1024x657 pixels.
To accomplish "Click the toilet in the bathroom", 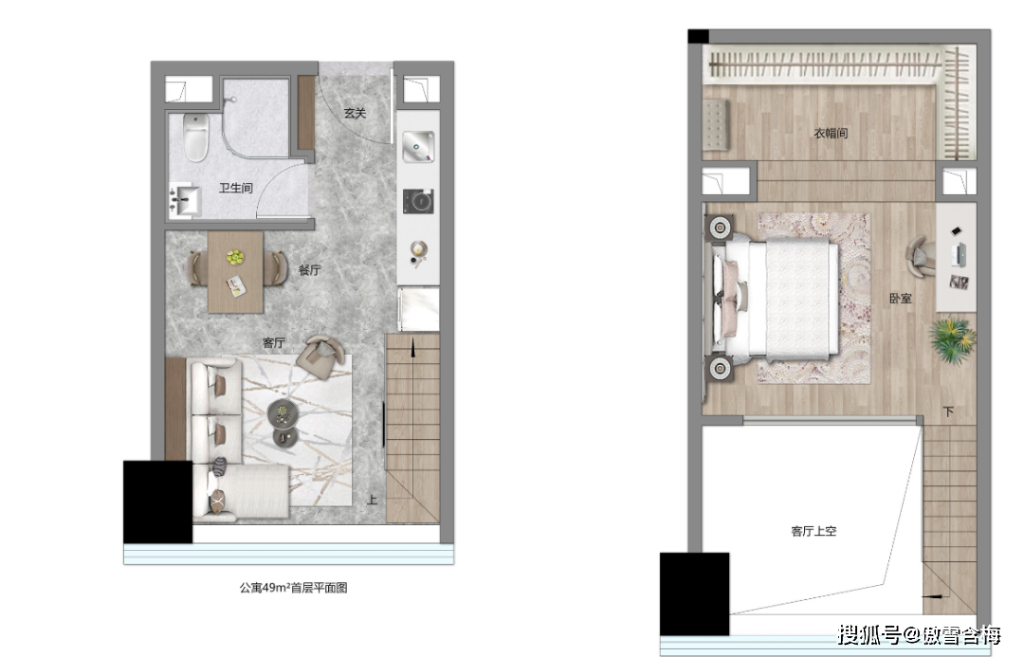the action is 196,137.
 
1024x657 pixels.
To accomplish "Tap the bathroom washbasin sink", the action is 185,200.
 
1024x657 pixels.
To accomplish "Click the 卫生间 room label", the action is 236,188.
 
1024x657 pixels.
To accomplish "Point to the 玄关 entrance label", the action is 355,113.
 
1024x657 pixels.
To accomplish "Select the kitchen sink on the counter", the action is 418,146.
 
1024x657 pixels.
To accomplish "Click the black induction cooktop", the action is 418,201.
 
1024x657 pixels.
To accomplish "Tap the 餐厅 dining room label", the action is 309,270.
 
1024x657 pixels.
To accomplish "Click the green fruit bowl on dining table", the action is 235,257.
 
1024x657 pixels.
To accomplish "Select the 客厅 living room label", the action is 274,343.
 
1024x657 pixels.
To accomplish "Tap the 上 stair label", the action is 372,500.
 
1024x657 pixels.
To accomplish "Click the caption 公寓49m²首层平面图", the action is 293,588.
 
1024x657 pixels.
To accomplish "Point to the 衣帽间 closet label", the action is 831,134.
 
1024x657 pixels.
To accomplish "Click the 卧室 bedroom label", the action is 901,299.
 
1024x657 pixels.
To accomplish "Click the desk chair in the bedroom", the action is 921,256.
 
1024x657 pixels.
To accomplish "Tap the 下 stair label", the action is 948,412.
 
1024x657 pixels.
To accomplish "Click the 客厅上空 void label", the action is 814,531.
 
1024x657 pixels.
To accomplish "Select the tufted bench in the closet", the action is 716,124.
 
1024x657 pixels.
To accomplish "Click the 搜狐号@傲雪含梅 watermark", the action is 920,635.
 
